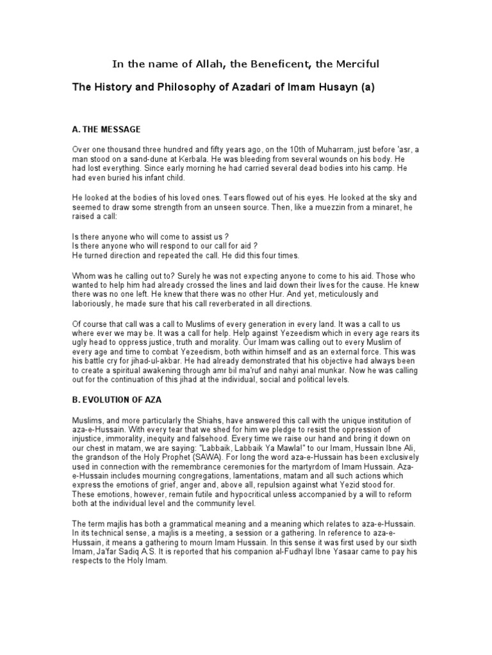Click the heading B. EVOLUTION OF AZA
click(x=117, y=399)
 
